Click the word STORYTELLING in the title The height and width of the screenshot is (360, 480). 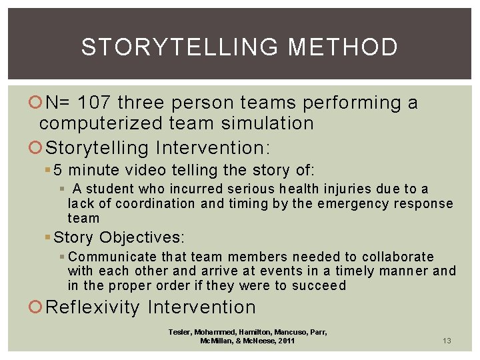180,47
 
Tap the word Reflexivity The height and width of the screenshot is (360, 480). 93,307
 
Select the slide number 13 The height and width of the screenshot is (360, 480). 447,341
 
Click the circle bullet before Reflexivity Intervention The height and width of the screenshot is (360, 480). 38,308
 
